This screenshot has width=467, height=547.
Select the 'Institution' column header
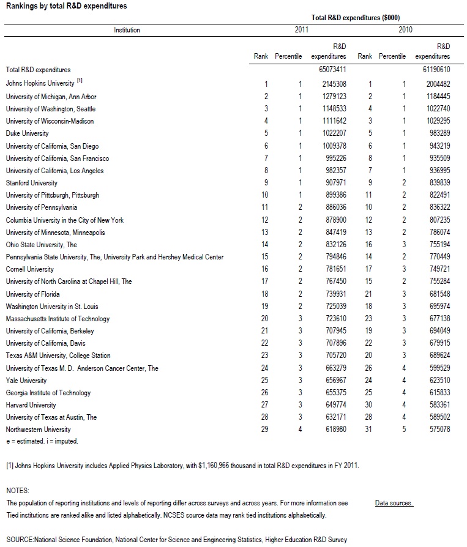[127, 30]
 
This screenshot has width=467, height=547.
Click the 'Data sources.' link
[394, 503]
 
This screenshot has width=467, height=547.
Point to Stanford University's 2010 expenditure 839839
[437, 183]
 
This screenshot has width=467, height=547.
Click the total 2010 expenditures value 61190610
[437, 70]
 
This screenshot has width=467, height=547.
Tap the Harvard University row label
[31, 405]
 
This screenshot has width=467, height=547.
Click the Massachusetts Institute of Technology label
[58, 319]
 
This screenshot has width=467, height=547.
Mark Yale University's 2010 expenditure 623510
[437, 380]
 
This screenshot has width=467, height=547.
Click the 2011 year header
[302, 29]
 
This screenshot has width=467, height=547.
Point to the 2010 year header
[405, 29]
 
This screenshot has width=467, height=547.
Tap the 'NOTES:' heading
[17, 491]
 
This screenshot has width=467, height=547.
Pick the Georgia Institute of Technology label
[48, 393]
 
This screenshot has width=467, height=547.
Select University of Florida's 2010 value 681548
[437, 294]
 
